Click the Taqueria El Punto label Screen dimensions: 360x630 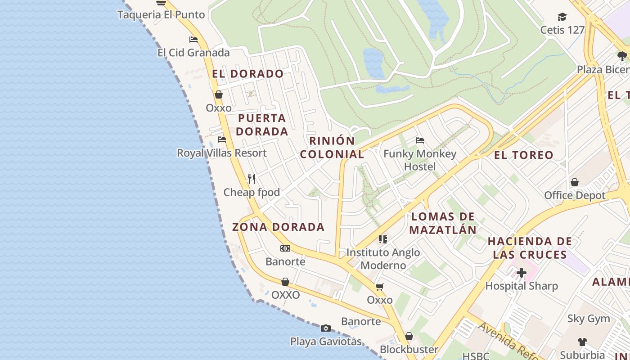pyautogui.click(x=161, y=14)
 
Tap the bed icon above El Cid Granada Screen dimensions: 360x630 pyautogui.click(x=193, y=40)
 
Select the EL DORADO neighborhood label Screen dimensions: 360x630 pyautogui.click(x=248, y=74)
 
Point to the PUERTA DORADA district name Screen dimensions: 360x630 pyautogui.click(x=262, y=125)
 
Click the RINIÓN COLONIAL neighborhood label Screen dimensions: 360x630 pyautogui.click(x=332, y=147)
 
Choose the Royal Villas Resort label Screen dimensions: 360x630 pyautogui.click(x=222, y=153)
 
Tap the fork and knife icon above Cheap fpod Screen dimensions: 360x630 pyautogui.click(x=252, y=179)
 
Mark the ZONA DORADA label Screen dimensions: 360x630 pyautogui.click(x=279, y=227)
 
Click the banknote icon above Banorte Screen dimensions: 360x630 pyautogui.click(x=285, y=248)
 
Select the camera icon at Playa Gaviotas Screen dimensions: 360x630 pyautogui.click(x=326, y=328)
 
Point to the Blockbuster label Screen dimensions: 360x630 pyautogui.click(x=409, y=349)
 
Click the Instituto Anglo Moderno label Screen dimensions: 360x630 pyautogui.click(x=383, y=259)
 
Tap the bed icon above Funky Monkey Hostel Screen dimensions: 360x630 pyautogui.click(x=420, y=140)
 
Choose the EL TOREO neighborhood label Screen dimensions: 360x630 pyautogui.click(x=524, y=155)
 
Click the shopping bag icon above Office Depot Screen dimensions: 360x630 pyautogui.click(x=575, y=182)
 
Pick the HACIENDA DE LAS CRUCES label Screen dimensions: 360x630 pyautogui.click(x=530, y=248)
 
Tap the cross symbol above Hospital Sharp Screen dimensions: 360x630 pyautogui.click(x=522, y=273)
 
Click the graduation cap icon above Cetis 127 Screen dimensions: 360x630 pyautogui.click(x=562, y=17)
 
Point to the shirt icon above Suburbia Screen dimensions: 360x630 pyautogui.click(x=582, y=342)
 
